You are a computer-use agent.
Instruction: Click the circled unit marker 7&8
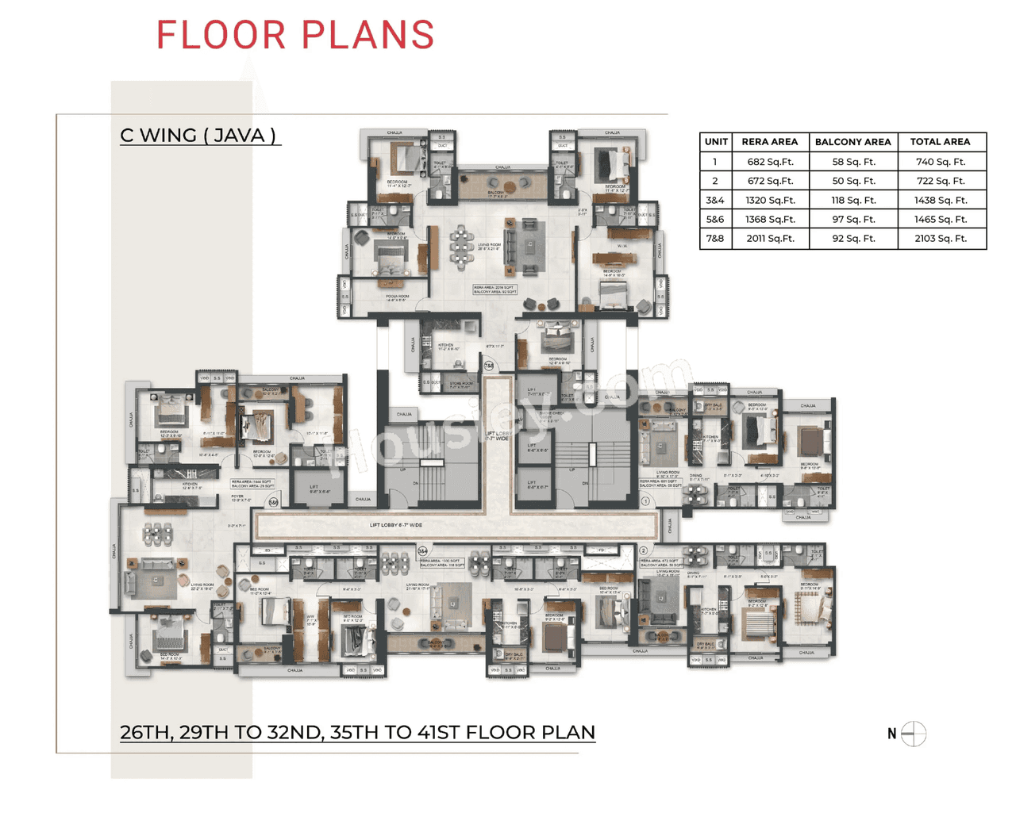point(489,366)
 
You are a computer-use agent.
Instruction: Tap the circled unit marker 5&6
point(273,503)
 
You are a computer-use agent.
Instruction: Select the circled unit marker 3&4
point(423,550)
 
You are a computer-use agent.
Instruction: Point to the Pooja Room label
point(396,299)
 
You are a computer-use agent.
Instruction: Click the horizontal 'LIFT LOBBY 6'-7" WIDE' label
point(396,525)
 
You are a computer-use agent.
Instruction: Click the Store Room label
point(460,385)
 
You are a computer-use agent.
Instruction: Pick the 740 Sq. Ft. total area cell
point(941,162)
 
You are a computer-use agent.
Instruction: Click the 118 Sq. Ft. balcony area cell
point(853,201)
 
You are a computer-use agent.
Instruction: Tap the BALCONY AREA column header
point(852,142)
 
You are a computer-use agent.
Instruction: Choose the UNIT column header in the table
point(715,142)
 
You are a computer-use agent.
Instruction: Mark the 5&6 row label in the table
point(715,220)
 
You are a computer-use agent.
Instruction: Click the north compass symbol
point(914,734)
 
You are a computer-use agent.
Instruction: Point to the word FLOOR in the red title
point(221,36)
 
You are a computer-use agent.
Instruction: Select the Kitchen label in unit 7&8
point(446,347)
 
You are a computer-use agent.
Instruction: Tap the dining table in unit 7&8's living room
point(461,246)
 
